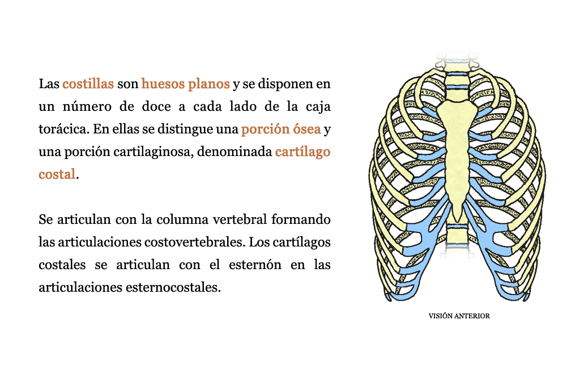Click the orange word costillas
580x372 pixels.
pyautogui.click(x=88, y=84)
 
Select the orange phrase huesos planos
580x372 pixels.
pyautogui.click(x=185, y=84)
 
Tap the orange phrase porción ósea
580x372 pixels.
pyautogui.click(x=281, y=129)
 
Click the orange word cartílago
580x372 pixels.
pyautogui.click(x=302, y=152)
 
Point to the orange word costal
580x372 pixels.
pyautogui.click(x=57, y=174)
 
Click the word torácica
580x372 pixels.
pyautogui.click(x=63, y=129)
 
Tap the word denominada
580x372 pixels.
pyautogui.click(x=234, y=152)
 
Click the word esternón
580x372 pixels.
pyautogui.click(x=255, y=265)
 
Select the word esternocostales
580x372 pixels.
pyautogui.click(x=173, y=287)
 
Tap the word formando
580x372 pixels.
pyautogui.click(x=301, y=219)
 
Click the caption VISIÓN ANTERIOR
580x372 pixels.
pyautogui.click(x=459, y=316)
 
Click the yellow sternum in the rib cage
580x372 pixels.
pyautogui.click(x=457, y=148)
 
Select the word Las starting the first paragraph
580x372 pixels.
pyautogui.click(x=49, y=84)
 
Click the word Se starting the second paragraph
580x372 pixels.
pyautogui.click(x=45, y=219)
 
